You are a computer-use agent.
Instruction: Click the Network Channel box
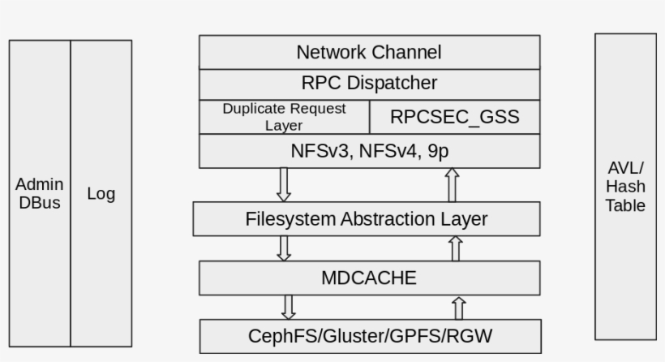tap(369, 53)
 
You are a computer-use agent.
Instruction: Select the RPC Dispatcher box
tap(369, 83)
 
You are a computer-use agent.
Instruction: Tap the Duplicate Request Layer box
tap(284, 117)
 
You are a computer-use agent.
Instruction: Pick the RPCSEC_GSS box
tap(454, 117)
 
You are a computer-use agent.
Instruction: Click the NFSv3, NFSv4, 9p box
tap(369, 151)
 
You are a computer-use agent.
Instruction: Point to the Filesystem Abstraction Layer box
tap(367, 219)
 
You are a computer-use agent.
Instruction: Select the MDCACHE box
tap(369, 278)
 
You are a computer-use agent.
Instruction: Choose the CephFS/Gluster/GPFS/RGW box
tap(370, 336)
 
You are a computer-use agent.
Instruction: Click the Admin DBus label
tap(40, 194)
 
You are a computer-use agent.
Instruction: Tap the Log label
tap(101, 194)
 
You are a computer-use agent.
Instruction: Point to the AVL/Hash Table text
tap(625, 187)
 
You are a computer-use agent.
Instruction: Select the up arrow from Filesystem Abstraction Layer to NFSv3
tap(453, 185)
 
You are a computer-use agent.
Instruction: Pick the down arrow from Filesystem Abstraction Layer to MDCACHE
tap(284, 248)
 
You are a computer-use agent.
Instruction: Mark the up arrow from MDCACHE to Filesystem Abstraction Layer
tap(456, 248)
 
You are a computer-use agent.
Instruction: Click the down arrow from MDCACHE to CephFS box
tap(289, 307)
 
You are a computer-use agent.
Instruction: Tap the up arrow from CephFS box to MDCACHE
tap(459, 308)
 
